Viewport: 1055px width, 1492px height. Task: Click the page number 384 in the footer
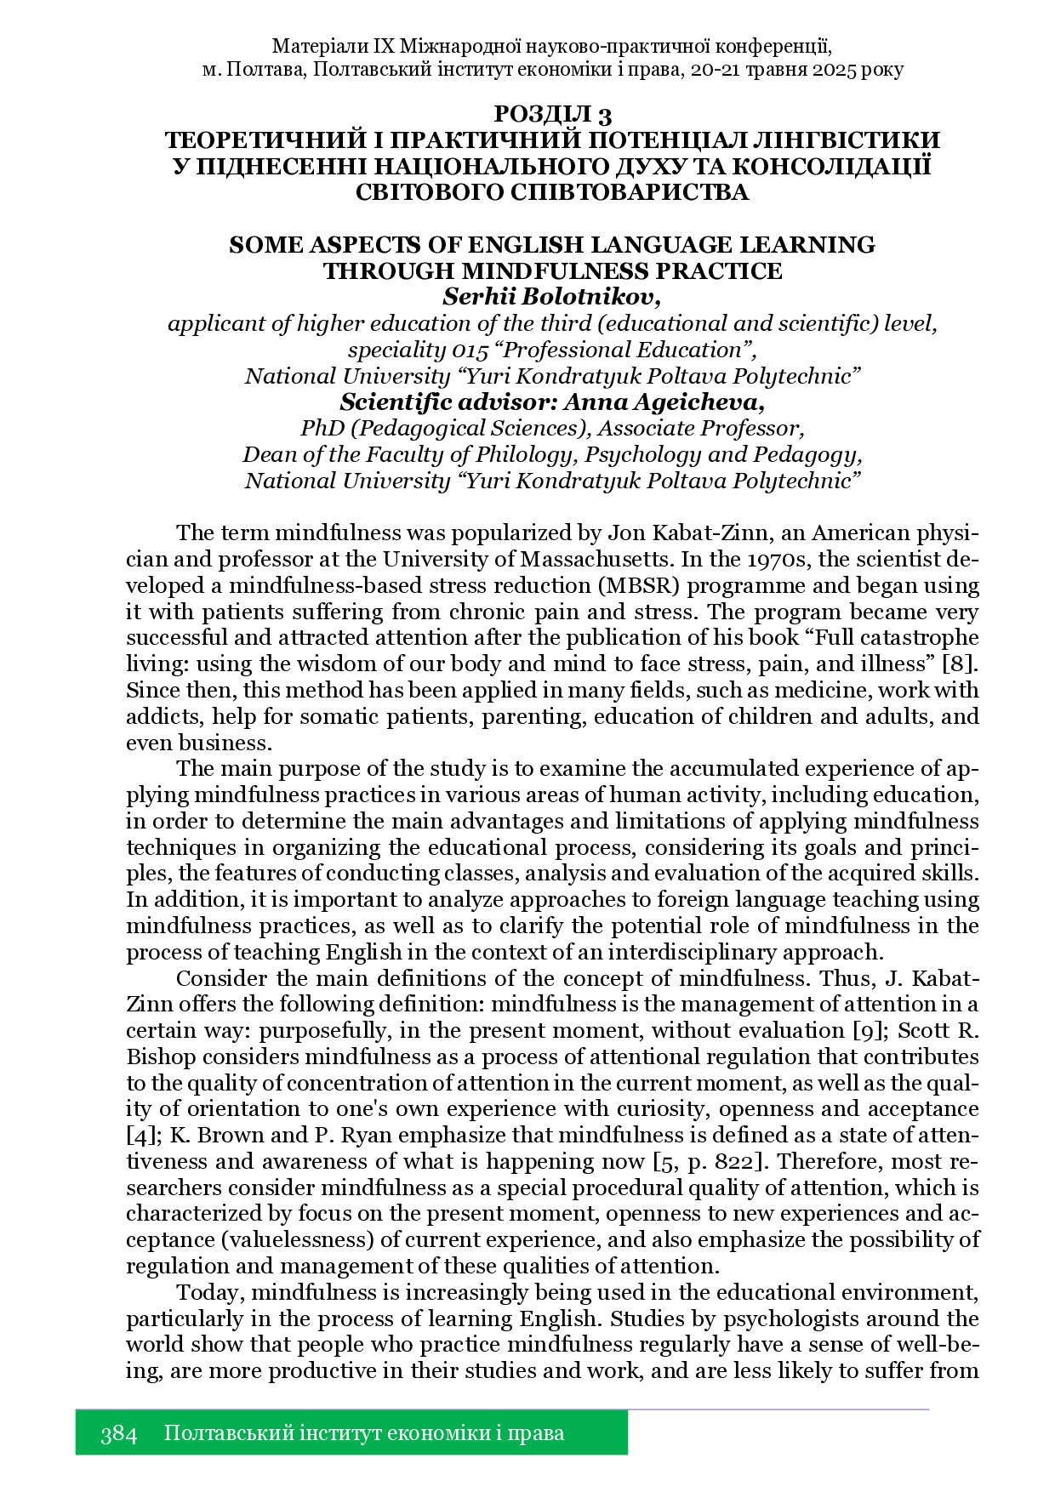118,1433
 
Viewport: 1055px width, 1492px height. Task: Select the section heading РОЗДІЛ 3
553,114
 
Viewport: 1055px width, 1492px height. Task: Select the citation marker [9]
869,1030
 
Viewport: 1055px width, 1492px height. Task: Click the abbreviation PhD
322,428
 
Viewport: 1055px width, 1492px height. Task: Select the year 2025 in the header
822,70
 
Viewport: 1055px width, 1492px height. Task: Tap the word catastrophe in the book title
919,637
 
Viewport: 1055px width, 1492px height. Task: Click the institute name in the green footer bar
363,1433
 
